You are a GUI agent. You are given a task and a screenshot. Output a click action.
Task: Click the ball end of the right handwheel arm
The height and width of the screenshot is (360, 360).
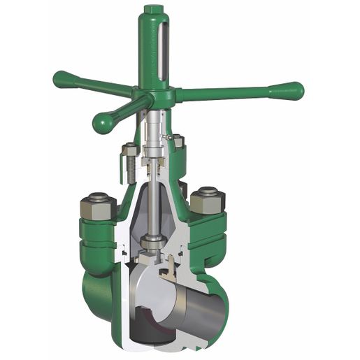292,91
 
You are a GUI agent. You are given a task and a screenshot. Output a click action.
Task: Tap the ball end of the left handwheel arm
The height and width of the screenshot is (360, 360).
62,78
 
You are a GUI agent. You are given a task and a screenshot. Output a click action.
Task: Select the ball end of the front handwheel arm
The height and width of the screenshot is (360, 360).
104,123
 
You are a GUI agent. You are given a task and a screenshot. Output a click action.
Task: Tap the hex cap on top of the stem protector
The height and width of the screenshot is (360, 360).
153,11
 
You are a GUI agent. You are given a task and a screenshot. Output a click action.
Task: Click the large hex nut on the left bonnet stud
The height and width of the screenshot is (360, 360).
98,207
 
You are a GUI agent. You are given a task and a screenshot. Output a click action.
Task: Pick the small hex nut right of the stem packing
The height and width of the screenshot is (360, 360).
178,141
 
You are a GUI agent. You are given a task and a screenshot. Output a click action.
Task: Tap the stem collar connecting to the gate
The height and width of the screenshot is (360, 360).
152,242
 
